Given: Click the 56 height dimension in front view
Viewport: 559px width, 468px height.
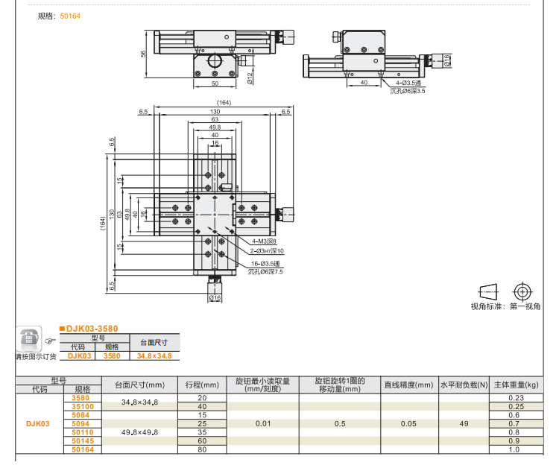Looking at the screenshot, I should point(142,54).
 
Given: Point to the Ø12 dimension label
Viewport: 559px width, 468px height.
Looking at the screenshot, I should point(250,76).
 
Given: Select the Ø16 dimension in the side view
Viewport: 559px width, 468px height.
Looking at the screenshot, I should point(446,61).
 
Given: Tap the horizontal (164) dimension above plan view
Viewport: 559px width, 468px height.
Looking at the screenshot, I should point(223,102).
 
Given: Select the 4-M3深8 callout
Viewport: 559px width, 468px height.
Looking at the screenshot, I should point(264,241).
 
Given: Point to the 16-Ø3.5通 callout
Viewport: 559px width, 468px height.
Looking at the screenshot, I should point(266,264).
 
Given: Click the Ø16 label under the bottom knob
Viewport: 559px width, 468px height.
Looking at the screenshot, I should point(215,298).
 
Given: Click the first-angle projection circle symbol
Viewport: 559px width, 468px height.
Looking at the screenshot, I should point(522,291).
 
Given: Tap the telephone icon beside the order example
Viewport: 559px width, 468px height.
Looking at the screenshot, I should point(29,339).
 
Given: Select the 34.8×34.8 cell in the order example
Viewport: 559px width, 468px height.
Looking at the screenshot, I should point(154,356).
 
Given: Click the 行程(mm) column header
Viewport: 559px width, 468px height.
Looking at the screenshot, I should point(202,385).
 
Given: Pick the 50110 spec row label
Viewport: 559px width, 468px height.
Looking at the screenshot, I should point(82,432).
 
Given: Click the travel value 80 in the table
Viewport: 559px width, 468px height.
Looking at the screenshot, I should point(202,449).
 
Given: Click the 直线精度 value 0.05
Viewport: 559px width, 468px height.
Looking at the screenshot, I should point(408,423).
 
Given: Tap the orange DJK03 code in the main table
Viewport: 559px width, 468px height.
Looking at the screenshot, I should point(38,423).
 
